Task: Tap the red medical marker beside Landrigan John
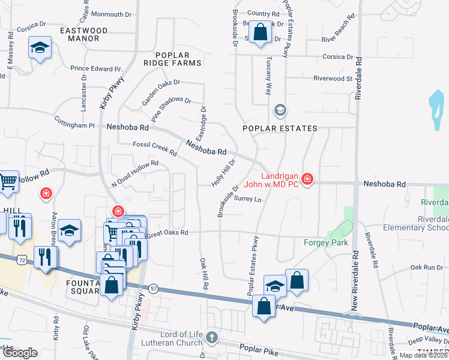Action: tap(307, 179)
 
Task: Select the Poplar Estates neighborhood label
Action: tap(279, 128)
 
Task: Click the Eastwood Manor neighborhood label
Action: tap(83, 34)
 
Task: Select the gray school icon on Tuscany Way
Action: tap(279, 110)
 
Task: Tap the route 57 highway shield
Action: tap(154, 288)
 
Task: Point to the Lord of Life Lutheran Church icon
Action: tap(211, 337)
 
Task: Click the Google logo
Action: tap(20, 353)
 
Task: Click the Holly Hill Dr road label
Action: tap(221, 172)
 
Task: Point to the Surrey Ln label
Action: tap(249, 199)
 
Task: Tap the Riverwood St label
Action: tap(332, 78)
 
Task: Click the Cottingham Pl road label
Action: tap(75, 122)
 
